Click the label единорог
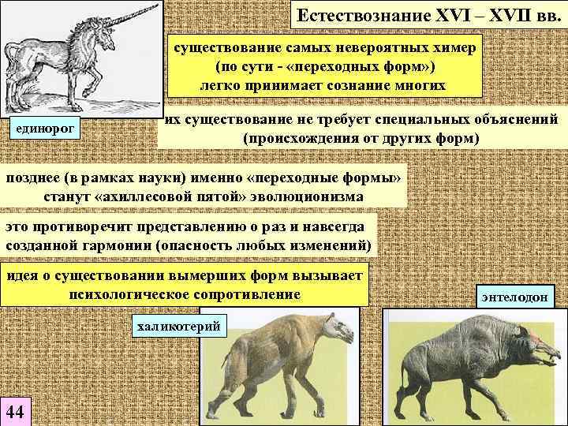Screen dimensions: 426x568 pos(45,129)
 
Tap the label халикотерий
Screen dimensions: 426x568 pos(177,324)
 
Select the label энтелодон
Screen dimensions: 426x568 pos(518,296)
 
